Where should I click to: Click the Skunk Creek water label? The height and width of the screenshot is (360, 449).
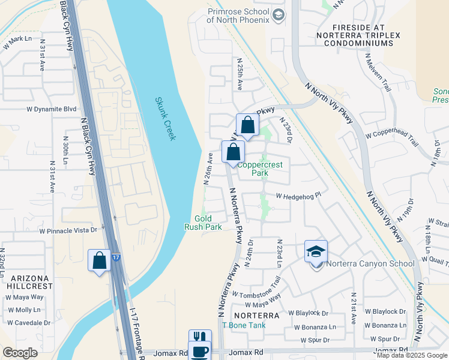(165, 119)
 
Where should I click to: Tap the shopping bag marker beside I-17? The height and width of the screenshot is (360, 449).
(100, 261)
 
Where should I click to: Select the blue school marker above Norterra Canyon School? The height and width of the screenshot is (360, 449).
(316, 252)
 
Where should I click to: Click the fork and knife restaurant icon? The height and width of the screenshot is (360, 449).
(200, 338)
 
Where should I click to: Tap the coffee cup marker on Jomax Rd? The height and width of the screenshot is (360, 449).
(200, 352)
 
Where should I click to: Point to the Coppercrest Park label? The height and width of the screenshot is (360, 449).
(259, 169)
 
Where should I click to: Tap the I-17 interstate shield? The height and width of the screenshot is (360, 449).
(115, 257)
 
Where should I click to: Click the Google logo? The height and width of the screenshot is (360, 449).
(19, 353)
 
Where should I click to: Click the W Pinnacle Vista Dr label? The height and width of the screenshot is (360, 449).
(68, 230)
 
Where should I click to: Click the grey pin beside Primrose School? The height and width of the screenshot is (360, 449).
(279, 14)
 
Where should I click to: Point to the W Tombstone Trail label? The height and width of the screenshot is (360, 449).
(259, 287)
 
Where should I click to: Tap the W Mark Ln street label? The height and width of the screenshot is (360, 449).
(17, 42)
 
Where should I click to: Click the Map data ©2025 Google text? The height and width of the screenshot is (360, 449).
(412, 355)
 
